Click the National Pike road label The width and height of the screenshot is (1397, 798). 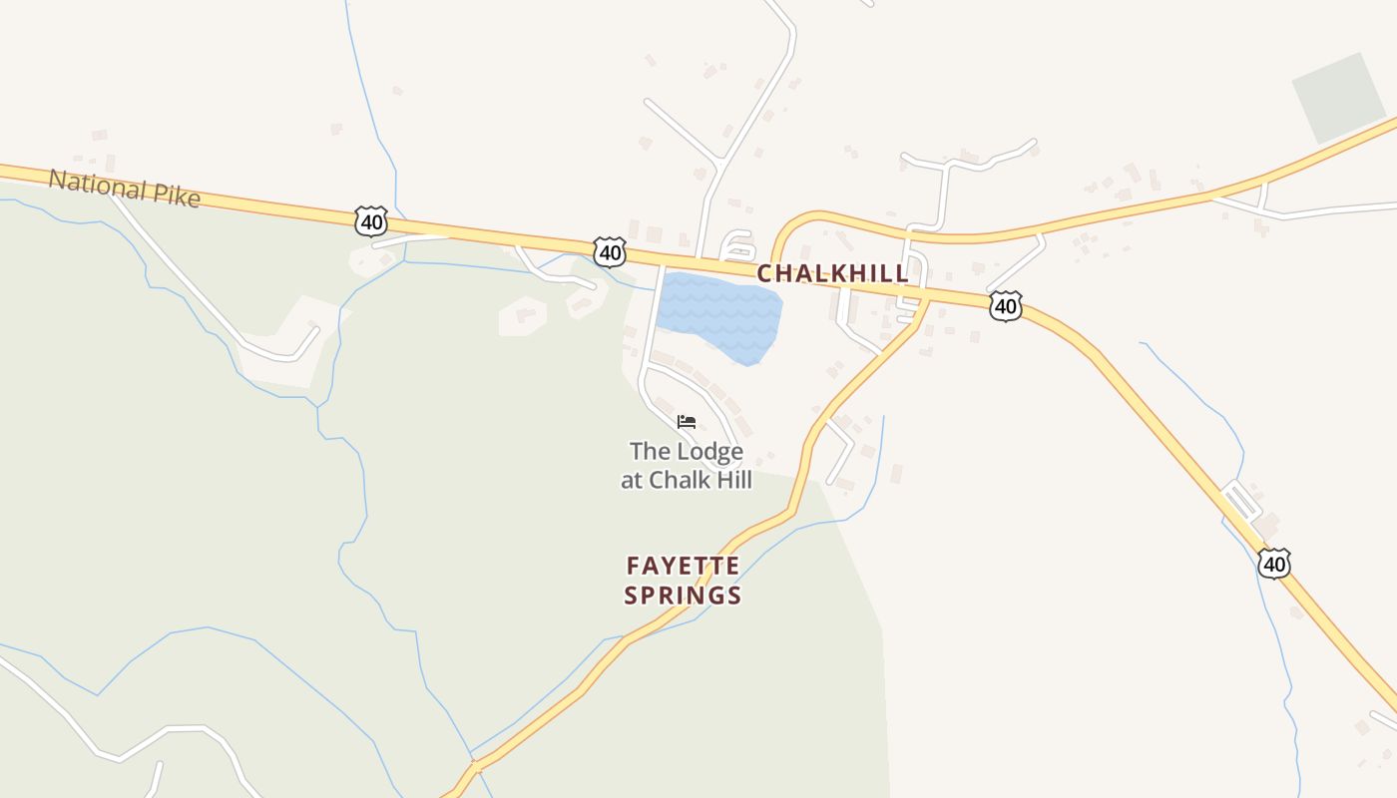[125, 189]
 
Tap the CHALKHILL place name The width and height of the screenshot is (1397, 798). [832, 273]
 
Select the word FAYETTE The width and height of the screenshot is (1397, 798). [684, 567]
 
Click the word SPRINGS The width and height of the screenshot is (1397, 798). [684, 597]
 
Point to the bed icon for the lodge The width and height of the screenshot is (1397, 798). [687, 422]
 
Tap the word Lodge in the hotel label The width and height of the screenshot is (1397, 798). [709, 452]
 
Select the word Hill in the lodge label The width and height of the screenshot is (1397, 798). [730, 480]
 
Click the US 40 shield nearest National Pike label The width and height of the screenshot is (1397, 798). [370, 220]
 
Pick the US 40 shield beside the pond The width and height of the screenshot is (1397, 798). [610, 252]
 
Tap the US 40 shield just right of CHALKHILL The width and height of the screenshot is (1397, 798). [1006, 306]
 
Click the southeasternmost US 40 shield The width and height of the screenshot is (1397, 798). [1273, 564]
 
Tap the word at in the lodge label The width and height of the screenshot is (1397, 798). [632, 481]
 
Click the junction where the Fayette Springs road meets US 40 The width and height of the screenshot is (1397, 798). [926, 299]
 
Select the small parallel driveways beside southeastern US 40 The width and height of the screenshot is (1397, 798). [1242, 500]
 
